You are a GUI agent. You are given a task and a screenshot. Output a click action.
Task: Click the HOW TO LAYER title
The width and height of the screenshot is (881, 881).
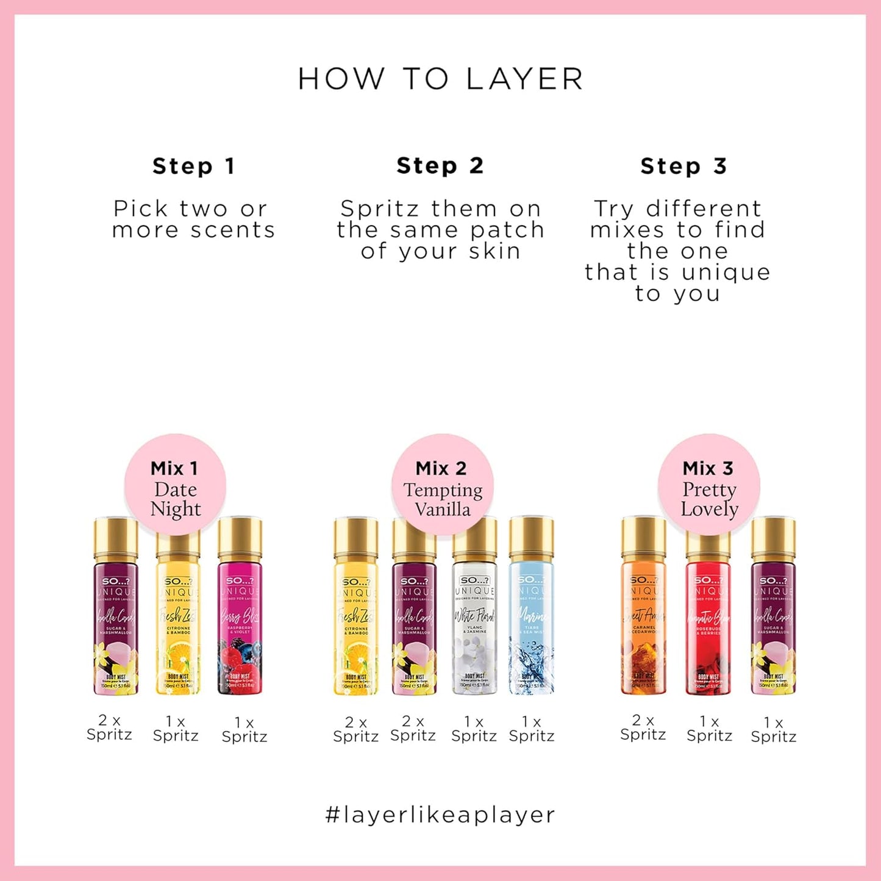[440, 79]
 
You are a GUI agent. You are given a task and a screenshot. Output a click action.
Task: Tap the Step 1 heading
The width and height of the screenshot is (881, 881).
[194, 166]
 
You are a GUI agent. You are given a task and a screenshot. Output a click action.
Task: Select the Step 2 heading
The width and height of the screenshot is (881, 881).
[440, 165]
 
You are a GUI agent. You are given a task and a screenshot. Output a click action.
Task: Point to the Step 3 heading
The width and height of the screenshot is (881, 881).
[683, 166]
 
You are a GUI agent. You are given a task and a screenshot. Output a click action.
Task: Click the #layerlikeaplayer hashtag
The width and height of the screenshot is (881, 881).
[440, 815]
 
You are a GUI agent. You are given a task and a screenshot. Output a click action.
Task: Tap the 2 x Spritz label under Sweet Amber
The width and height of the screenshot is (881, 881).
[643, 727]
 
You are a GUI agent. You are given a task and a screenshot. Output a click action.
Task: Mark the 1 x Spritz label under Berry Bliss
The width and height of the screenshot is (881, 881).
[244, 730]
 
